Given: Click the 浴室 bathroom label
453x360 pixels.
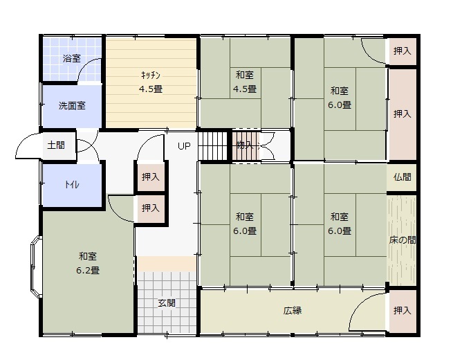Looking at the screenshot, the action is [72, 58].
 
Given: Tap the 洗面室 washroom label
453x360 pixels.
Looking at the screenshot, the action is [72, 106].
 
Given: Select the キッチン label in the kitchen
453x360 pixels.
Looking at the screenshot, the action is [151, 75].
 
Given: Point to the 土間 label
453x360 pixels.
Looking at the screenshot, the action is [56, 145].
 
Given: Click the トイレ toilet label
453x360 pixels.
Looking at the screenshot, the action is [72, 184].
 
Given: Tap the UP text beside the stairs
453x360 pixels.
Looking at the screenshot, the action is [184, 146].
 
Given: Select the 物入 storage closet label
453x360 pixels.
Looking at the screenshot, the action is [245, 145].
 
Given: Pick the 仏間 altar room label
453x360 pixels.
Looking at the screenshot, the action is [402, 177].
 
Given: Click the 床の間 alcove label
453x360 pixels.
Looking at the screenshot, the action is [402, 240].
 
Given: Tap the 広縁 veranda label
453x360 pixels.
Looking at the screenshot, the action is [293, 311].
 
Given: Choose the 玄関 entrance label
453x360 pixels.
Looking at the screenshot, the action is [167, 303].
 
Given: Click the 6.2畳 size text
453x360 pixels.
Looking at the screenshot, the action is [88, 271].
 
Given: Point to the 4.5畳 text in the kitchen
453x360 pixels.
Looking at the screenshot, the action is [151, 89].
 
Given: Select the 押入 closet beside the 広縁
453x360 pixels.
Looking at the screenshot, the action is [402, 311].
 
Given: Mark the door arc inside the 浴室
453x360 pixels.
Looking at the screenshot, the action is [88, 69].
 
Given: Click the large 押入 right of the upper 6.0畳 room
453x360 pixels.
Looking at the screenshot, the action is [402, 114].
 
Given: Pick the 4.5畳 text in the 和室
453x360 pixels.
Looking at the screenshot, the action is [245, 89].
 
